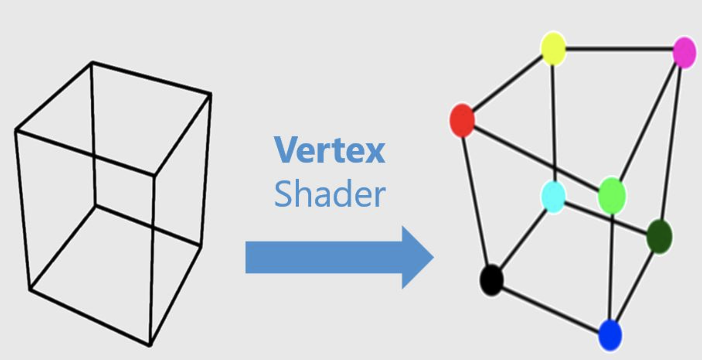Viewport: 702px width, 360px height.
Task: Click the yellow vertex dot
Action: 553,49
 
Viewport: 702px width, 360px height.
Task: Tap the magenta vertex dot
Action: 684,52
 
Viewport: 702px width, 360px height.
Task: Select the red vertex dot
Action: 462,120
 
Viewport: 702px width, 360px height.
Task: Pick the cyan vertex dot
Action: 554,196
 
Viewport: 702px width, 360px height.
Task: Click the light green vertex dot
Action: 612,196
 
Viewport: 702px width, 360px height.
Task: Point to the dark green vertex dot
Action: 659,237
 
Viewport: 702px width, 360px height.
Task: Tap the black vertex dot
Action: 492,280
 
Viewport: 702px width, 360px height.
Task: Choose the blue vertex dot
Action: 610,335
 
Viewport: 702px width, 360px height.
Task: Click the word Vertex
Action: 329,150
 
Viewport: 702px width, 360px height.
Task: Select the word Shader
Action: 329,194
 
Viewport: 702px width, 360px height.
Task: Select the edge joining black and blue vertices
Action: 550,307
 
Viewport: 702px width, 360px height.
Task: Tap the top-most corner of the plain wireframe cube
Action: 92,62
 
